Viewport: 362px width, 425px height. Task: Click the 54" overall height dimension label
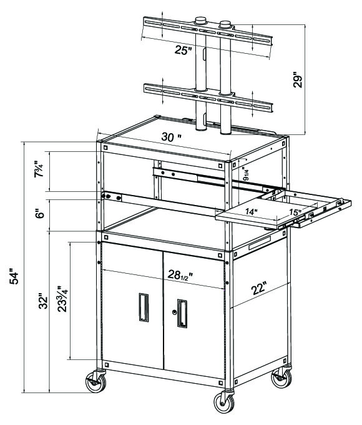(14, 276)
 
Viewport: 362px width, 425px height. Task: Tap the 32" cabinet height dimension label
(43, 301)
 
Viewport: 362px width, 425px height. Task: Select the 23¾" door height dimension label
(62, 299)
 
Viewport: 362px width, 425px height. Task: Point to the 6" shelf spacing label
(41, 214)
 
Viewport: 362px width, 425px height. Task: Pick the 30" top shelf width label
(171, 137)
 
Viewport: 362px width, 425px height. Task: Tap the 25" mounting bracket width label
(183, 50)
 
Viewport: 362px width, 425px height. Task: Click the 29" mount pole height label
(298, 80)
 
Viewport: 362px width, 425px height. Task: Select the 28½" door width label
(180, 275)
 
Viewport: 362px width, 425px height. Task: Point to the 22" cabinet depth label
(259, 288)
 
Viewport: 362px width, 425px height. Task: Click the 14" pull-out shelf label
(252, 211)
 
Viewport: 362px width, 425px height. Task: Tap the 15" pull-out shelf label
(295, 212)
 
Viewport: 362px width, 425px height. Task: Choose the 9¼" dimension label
(245, 174)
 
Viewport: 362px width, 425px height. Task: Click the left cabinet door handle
(144, 307)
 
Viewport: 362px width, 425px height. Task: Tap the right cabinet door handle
(182, 313)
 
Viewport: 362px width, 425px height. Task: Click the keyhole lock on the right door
(174, 312)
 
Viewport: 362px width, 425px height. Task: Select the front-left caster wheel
(95, 382)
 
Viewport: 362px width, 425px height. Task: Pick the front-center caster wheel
(224, 402)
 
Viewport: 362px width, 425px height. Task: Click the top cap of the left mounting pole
(200, 21)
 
